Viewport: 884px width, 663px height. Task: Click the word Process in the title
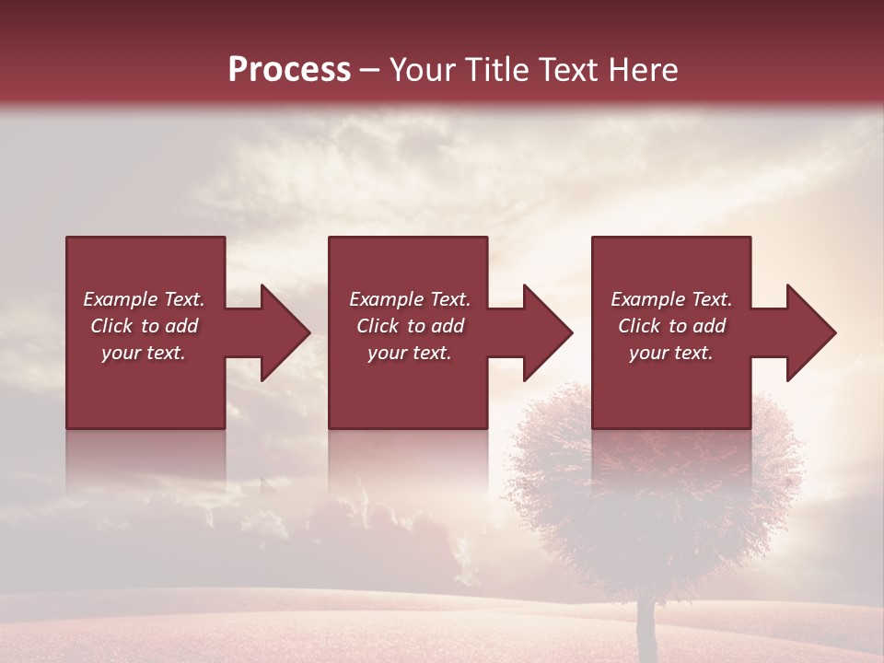point(289,70)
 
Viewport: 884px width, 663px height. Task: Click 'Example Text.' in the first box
point(144,299)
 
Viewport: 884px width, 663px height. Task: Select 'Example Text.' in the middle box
point(410,299)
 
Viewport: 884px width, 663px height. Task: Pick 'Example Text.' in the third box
point(671,299)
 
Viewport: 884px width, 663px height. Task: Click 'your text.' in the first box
point(144,353)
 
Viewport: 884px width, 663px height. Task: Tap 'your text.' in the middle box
point(410,353)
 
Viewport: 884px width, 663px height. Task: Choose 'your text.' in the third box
point(671,353)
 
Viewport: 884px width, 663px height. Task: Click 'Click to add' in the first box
point(144,326)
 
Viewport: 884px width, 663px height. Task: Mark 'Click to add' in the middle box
point(410,326)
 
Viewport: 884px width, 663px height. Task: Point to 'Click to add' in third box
point(671,326)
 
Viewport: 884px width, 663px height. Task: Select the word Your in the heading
point(422,70)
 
